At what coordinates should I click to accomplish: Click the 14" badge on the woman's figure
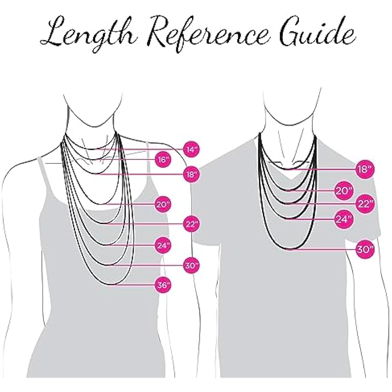click(x=190, y=148)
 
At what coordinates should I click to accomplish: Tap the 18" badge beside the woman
click(x=190, y=173)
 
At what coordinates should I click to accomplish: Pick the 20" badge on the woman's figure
click(x=163, y=204)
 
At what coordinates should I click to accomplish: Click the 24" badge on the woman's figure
click(x=163, y=245)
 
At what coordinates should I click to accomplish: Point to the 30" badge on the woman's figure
click(x=190, y=266)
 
